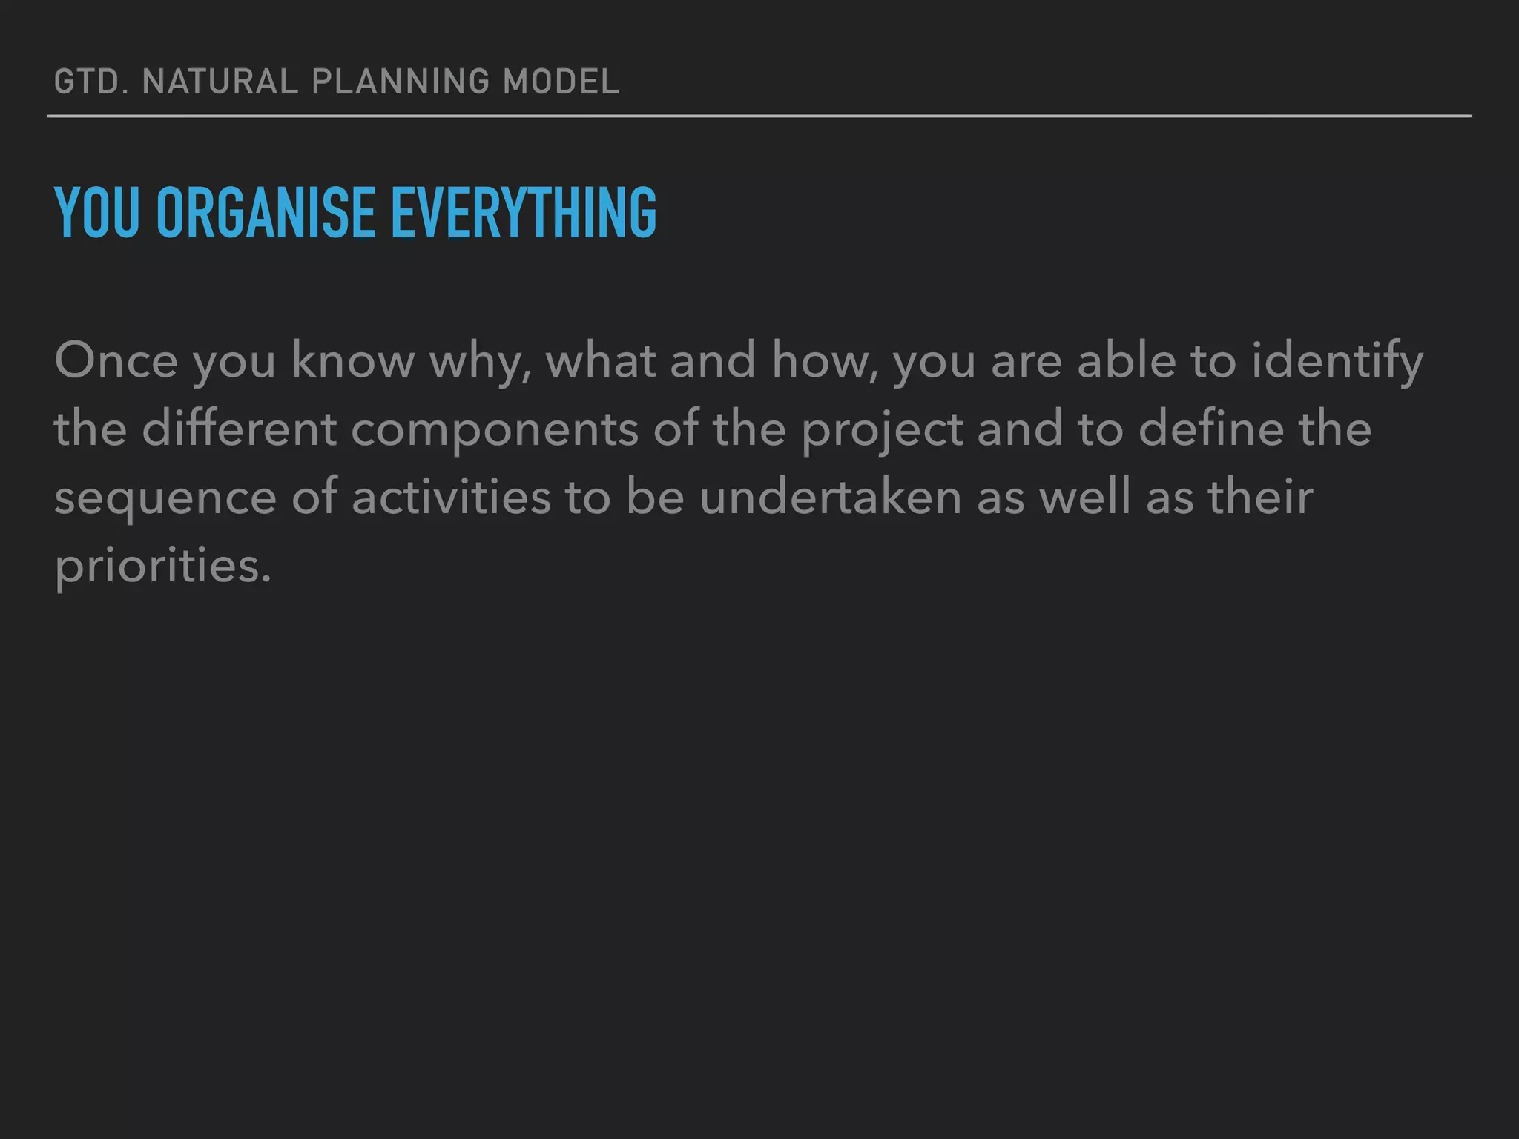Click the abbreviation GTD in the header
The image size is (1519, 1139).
click(x=85, y=82)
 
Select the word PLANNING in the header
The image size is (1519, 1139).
click(x=401, y=82)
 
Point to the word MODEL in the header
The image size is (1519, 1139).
click(x=561, y=82)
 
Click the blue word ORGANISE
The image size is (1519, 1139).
click(x=266, y=213)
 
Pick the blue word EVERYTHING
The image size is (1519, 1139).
click(x=524, y=213)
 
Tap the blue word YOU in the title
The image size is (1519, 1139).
click(x=96, y=213)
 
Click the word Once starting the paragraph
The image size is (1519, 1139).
click(x=116, y=360)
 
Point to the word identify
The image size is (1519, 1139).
click(x=1337, y=360)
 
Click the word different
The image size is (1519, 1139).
click(x=239, y=429)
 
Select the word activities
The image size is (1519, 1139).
click(x=451, y=497)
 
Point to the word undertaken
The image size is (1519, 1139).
click(x=830, y=497)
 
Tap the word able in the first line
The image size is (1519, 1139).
click(x=1126, y=360)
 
